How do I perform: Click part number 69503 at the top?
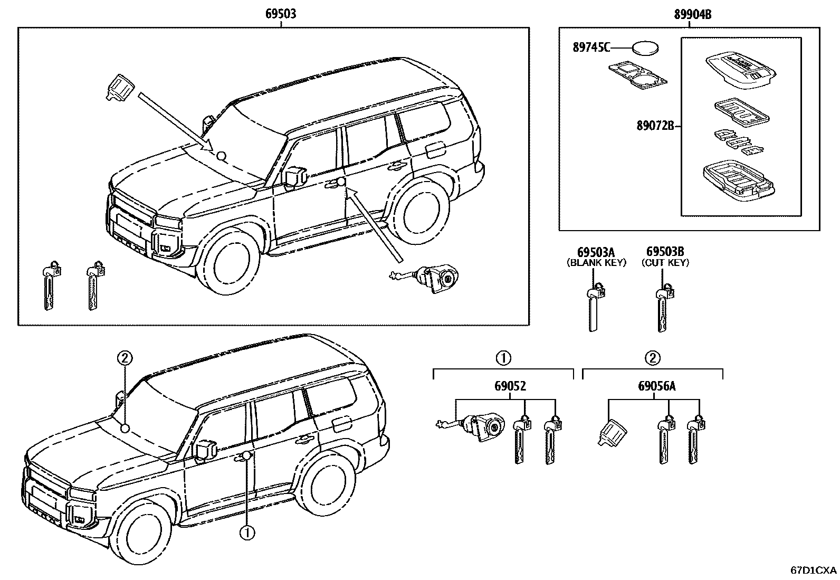tap(280, 14)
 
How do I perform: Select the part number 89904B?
tap(692, 15)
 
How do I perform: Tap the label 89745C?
tap(591, 47)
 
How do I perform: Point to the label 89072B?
tap(655, 126)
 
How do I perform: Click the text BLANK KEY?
tap(596, 262)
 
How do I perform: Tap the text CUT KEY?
tap(665, 262)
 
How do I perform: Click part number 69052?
tap(510, 386)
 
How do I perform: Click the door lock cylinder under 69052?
tap(483, 427)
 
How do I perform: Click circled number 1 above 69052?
tap(503, 358)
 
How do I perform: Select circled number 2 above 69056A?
tap(652, 358)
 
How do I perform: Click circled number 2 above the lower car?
tap(124, 359)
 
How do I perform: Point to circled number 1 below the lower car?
tap(246, 533)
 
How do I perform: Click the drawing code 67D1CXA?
tap(813, 571)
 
